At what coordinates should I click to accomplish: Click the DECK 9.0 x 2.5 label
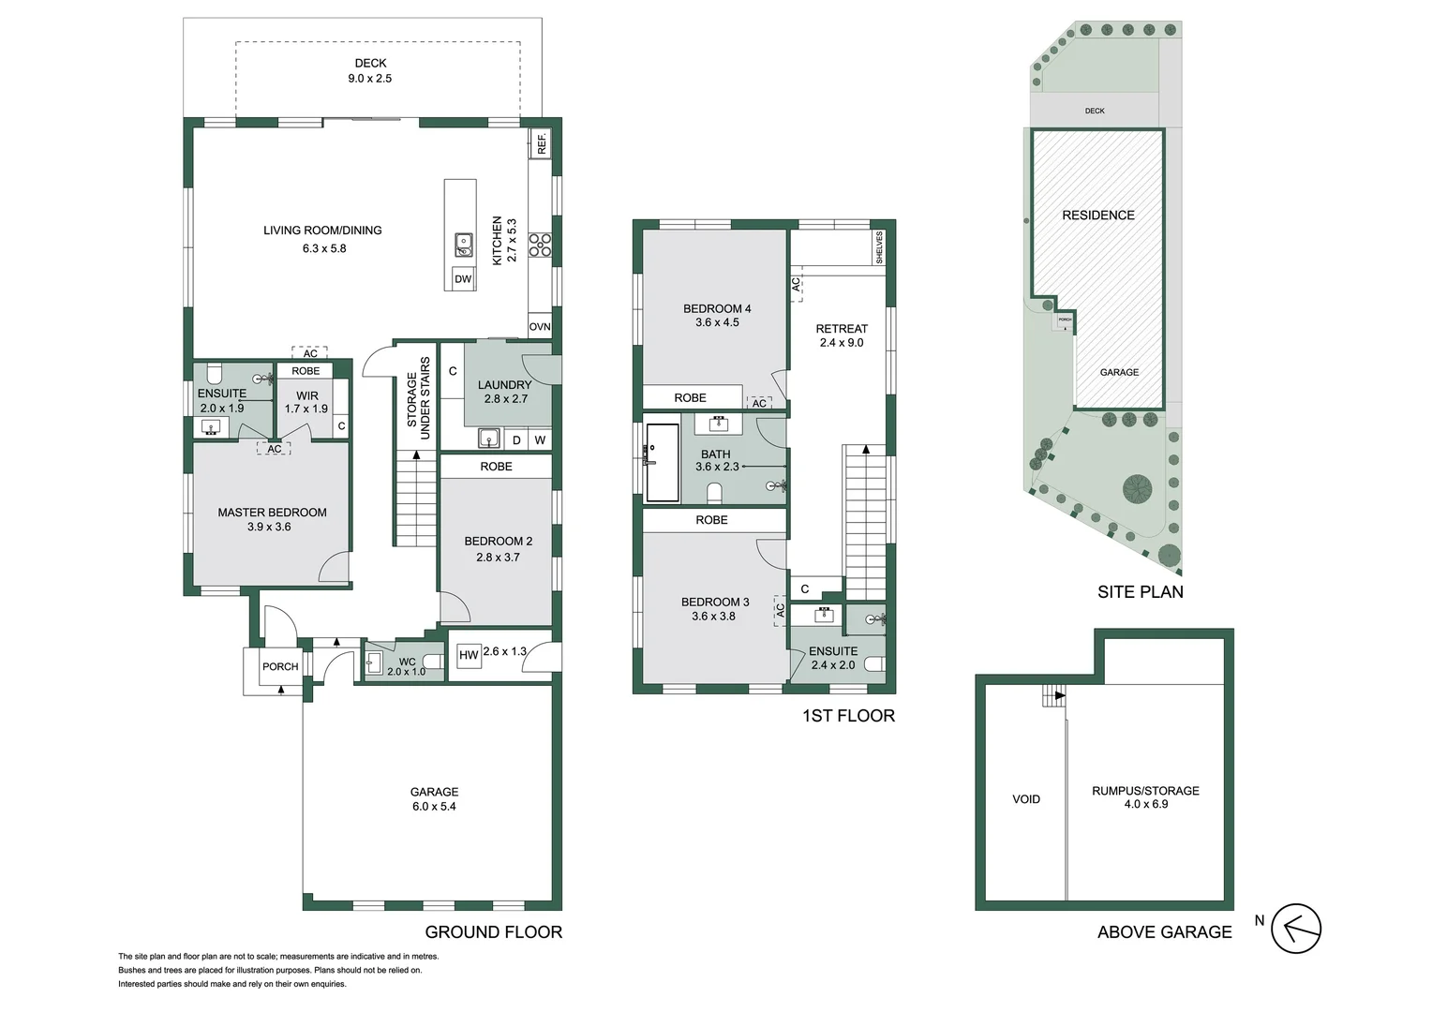coord(370,71)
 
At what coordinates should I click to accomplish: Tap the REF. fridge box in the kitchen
coord(542,143)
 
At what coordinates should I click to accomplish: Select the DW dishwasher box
coord(463,279)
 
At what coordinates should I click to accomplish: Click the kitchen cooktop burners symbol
coord(540,245)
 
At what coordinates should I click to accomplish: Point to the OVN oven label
coord(540,327)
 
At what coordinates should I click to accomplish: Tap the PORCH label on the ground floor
coord(280,667)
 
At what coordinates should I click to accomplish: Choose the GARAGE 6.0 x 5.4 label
coord(434,799)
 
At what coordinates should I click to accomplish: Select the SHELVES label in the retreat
coord(879,248)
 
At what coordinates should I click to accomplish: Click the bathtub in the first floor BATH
coord(663,463)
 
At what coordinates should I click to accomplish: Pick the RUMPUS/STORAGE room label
coord(1145,797)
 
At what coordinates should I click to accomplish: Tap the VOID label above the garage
coord(1026,799)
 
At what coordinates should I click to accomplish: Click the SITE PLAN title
coord(1140,592)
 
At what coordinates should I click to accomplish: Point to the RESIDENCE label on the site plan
coord(1098,216)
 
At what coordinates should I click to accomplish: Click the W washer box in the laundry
coord(540,440)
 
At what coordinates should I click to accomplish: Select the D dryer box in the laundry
coord(516,440)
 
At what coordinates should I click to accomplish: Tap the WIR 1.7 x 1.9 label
coord(306,402)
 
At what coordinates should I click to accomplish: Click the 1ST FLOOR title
coord(848,716)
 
